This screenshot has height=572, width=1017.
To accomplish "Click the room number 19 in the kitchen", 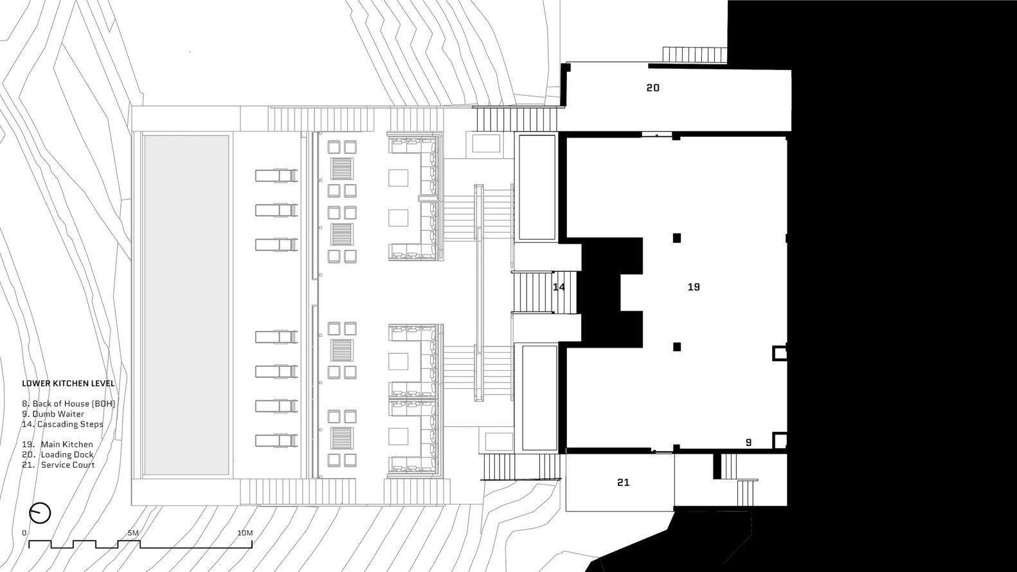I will click(x=693, y=287).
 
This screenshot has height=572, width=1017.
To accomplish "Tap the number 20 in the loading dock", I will click(x=652, y=88).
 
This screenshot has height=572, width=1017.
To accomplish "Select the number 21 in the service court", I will click(x=623, y=483).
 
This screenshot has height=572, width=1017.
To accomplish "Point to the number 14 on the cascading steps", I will click(x=559, y=287).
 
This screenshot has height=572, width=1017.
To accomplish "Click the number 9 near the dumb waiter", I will click(x=748, y=442).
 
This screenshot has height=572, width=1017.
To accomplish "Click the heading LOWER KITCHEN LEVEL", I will click(x=68, y=384).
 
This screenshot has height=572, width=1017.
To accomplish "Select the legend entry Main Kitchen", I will click(x=66, y=444).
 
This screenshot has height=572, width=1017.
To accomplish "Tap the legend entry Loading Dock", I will click(x=67, y=454).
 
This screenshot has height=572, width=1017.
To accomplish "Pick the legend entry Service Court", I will click(x=67, y=465).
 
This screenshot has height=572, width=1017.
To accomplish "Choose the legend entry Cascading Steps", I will click(x=69, y=424).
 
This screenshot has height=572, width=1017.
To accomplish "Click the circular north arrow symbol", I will click(x=40, y=513).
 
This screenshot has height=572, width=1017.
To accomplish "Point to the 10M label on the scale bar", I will click(x=244, y=533).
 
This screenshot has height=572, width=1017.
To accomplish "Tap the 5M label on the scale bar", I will click(x=133, y=533).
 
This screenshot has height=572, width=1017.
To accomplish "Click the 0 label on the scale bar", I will click(x=24, y=533).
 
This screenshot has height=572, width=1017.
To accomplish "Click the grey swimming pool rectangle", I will click(x=186, y=305).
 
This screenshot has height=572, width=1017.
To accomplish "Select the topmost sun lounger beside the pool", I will click(x=276, y=175).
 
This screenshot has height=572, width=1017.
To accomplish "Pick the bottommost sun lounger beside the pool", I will click(x=276, y=440).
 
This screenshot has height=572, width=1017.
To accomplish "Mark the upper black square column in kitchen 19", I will click(x=676, y=238).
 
